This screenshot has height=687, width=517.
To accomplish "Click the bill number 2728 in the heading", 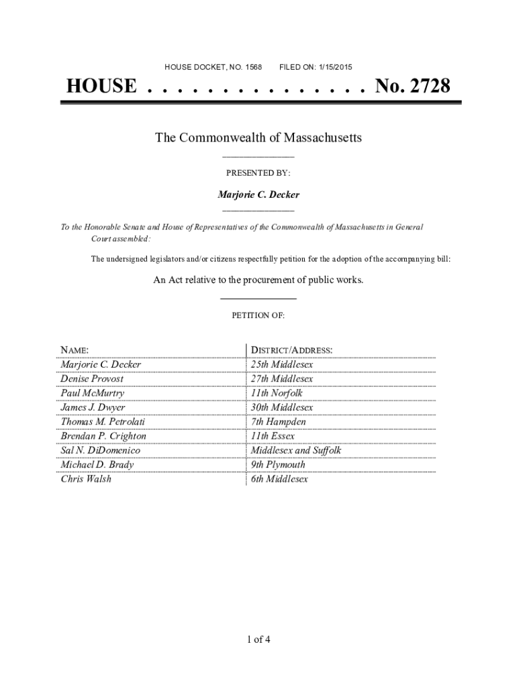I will pyautogui.click(x=426, y=87).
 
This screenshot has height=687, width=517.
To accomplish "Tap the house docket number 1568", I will pyautogui.click(x=254, y=67).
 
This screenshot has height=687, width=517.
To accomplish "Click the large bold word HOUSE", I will pyautogui.click(x=101, y=87).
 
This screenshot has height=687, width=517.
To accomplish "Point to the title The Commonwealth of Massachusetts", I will pyautogui.click(x=258, y=138).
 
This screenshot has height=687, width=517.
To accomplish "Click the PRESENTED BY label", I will pyautogui.click(x=258, y=173).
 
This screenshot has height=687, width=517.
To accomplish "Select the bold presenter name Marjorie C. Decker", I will pyautogui.click(x=258, y=195).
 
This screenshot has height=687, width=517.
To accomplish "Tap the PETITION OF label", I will pyautogui.click(x=258, y=315).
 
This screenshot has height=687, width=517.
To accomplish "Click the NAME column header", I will pyautogui.click(x=75, y=350).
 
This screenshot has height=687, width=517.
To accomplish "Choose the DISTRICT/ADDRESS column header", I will pyautogui.click(x=291, y=350).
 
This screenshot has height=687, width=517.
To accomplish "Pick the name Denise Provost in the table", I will pyautogui.click(x=92, y=379).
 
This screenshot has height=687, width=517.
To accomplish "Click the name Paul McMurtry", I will pyautogui.click(x=92, y=393).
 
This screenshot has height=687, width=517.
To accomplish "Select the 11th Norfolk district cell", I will pyautogui.click(x=277, y=393).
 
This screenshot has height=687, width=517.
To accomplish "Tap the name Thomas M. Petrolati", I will pyautogui.click(x=103, y=422).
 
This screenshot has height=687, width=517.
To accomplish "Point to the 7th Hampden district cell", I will pyautogui.click(x=278, y=422).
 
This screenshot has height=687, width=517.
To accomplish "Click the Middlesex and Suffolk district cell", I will pyautogui.click(x=296, y=450).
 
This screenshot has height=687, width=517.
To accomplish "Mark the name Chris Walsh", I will pyautogui.click(x=86, y=479).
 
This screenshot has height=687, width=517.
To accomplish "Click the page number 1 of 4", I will pyautogui.click(x=258, y=639).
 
